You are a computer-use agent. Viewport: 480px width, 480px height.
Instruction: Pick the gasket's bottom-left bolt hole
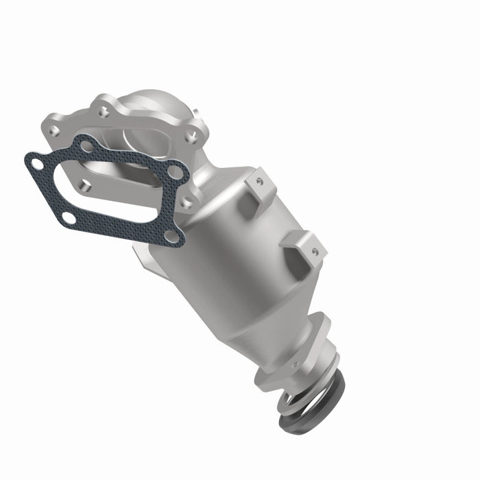click(69, 218)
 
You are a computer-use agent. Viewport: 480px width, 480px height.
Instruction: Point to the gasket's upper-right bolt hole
click(176, 172)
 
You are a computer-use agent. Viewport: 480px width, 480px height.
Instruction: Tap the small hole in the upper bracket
click(260, 182)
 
